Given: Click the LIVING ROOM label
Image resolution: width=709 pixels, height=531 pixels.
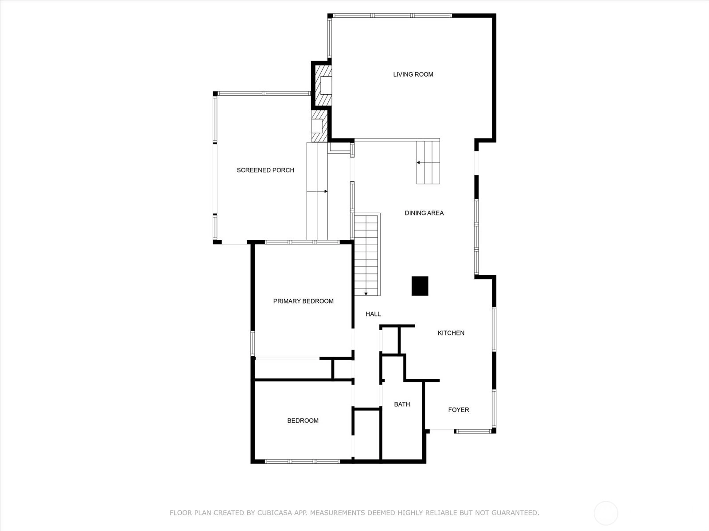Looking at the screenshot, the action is click(413, 74).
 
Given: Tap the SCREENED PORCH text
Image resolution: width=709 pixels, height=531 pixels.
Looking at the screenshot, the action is click(265, 170).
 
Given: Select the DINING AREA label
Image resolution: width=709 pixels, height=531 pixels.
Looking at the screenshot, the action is click(424, 213).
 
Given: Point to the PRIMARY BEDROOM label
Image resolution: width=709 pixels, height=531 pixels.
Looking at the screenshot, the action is click(303, 301).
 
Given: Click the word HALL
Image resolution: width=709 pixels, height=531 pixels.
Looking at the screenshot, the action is click(373, 314).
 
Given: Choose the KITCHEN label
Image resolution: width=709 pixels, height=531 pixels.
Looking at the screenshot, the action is click(451, 333).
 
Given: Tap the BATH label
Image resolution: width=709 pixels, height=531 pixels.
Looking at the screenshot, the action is click(402, 404).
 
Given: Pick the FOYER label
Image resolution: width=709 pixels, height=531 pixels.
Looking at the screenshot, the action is click(459, 410).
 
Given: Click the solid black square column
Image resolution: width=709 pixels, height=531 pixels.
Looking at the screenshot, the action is click(420, 286).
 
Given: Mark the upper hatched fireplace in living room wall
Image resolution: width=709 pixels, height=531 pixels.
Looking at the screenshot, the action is click(323, 85).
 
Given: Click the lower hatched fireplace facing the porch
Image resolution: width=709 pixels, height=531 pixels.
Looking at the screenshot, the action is click(319, 126).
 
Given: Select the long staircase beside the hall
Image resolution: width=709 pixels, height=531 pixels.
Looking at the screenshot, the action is click(367, 255).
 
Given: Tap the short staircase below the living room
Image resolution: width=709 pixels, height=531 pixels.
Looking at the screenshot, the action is click(429, 162).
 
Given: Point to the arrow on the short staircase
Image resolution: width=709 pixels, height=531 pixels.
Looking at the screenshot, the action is click(428, 162).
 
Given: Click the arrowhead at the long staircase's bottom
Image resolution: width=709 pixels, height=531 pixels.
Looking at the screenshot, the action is click(366, 294).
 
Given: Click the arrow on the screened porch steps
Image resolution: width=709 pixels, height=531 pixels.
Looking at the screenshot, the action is click(317, 192).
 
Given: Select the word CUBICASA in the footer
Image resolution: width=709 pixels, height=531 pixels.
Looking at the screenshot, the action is click(274, 513).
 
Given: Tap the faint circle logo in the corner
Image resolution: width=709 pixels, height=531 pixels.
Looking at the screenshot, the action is click(606, 513).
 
